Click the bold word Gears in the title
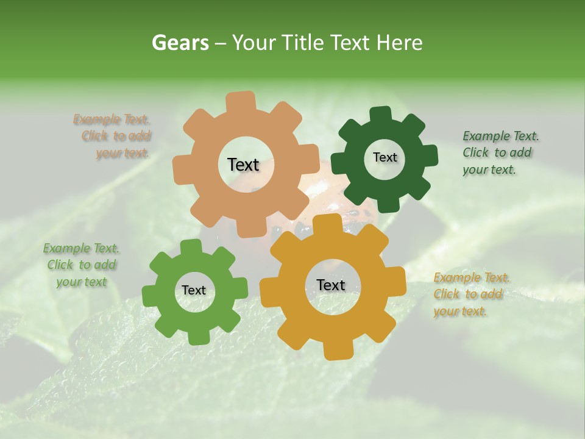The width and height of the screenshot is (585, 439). point(180,43)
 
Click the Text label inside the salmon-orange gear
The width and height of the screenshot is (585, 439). point(243,165)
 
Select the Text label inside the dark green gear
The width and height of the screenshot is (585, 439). point(385,157)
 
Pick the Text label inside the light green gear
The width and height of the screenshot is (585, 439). point(194,291)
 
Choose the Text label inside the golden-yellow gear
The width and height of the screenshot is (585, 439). point(331,285)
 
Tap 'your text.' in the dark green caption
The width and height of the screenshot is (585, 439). point(489,170)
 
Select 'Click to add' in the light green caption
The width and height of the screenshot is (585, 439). point(82,265)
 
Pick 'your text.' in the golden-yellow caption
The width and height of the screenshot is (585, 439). point(460,312)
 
